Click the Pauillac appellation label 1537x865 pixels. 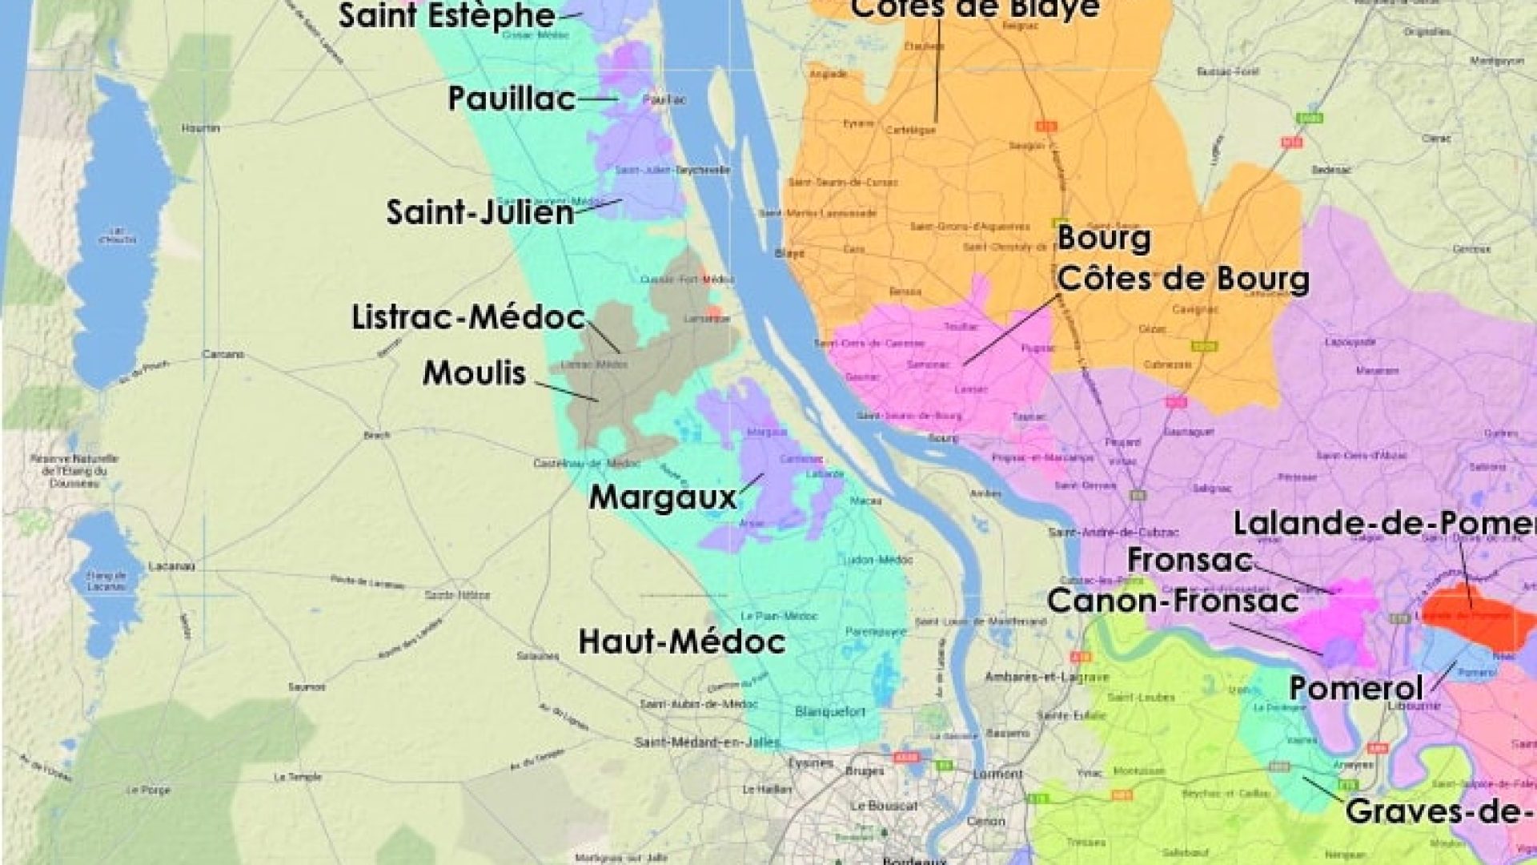511,99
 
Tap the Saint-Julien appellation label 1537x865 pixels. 480,213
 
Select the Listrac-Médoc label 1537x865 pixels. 468,318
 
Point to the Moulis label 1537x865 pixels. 474,373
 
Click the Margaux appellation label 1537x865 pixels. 663,497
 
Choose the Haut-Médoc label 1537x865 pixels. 681,642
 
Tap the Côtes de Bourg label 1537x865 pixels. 1183,279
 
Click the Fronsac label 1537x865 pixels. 1189,561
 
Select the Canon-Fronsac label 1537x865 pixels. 1173,601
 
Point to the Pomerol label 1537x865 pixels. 1356,687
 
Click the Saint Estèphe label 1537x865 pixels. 447,16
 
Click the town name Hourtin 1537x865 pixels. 200,128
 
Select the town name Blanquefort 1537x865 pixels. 830,711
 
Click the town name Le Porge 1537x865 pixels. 149,790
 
